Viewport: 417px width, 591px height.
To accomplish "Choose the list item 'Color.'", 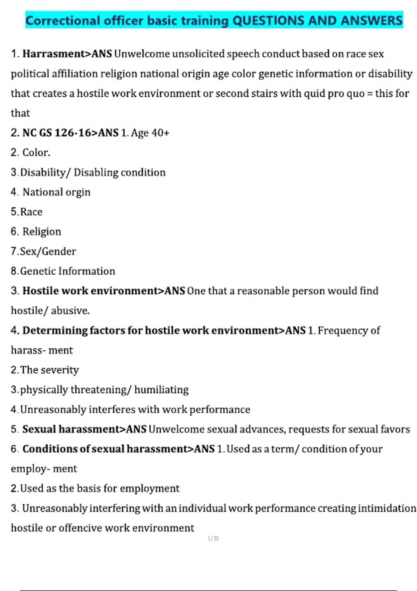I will (36, 153).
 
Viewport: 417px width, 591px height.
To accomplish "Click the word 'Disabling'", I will (96, 172).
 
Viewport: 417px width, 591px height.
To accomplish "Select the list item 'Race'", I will (31, 212).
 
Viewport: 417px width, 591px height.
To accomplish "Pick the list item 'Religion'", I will (42, 232).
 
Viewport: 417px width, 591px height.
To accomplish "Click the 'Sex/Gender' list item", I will (48, 251).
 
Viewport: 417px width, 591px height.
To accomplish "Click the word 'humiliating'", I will (161, 390).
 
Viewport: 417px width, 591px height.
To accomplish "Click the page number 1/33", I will (213, 539).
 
